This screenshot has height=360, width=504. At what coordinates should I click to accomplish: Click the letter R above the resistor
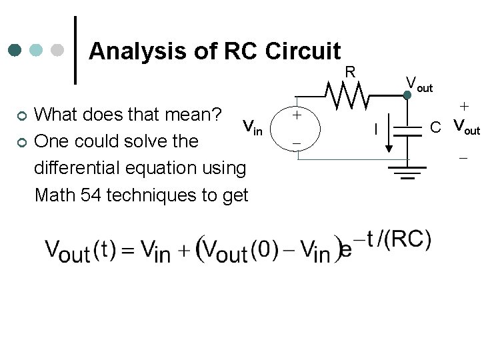point(349,71)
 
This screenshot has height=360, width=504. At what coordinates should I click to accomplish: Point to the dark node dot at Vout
point(407,95)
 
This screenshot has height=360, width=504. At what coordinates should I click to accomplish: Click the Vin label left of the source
point(252,127)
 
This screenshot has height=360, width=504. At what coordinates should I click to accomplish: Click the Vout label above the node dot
point(419,84)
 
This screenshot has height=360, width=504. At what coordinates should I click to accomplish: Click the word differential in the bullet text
point(73,168)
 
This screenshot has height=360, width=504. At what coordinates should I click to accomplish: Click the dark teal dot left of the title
point(15,51)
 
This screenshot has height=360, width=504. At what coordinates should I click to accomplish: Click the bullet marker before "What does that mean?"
point(21,117)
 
